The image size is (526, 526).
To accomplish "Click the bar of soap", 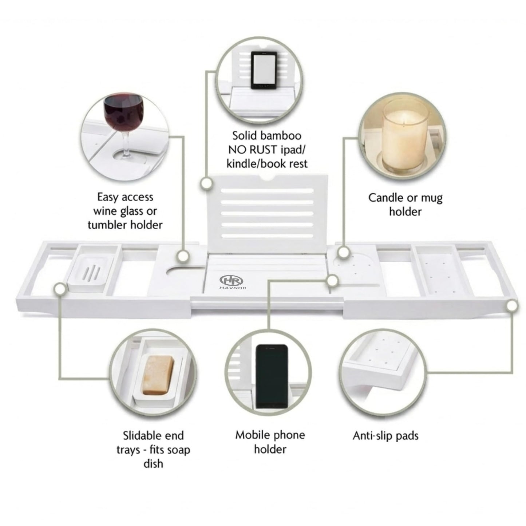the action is tap(158, 375).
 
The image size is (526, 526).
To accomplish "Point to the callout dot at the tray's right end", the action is tap(512, 306).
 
